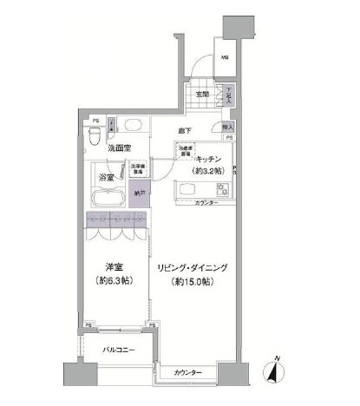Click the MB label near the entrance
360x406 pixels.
224,58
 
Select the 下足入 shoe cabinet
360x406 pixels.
230,93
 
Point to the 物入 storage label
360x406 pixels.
227,126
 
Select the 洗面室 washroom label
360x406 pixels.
121,149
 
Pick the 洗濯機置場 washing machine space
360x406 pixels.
137,171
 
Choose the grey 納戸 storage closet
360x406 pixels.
139,195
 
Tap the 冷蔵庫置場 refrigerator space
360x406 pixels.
186,152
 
